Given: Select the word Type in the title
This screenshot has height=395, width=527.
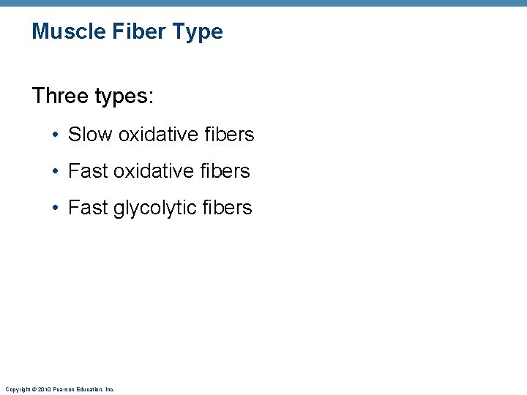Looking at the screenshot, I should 198,31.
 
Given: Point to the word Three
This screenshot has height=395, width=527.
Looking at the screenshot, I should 61,96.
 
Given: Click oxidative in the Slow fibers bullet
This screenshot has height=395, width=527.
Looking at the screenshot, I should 158,135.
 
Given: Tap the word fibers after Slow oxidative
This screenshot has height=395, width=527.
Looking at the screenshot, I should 229,135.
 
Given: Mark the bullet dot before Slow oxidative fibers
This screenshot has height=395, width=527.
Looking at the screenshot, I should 56,135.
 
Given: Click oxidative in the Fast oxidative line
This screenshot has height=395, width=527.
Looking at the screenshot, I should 154,171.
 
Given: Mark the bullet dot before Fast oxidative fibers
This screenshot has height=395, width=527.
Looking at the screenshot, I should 56,172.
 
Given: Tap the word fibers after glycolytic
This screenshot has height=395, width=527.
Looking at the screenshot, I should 228,208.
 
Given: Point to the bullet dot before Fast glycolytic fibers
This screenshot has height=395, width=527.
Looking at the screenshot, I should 56,208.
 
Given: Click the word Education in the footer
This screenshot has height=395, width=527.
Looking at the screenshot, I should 88,390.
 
